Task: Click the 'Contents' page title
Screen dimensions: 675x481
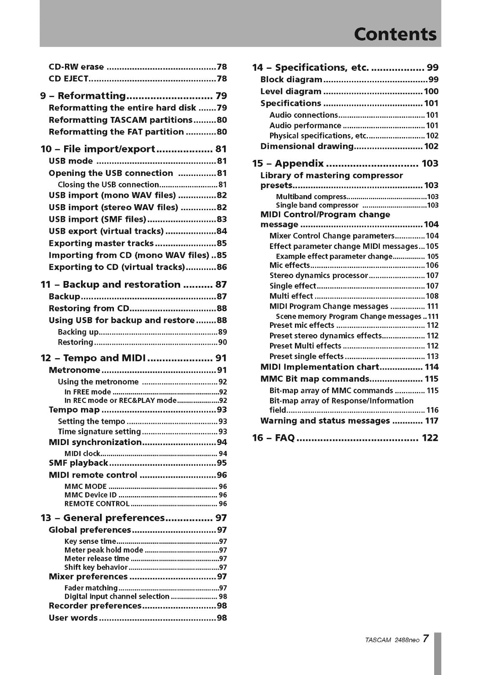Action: click(x=395, y=34)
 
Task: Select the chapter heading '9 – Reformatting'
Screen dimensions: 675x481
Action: click(x=83, y=96)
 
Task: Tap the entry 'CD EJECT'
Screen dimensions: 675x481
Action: click(x=68, y=78)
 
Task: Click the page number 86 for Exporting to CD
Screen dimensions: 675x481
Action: click(x=222, y=267)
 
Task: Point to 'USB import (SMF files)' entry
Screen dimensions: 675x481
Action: click(x=97, y=219)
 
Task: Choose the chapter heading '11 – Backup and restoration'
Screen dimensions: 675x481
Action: click(x=111, y=285)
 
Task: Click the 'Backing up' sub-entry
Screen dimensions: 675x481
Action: click(x=78, y=332)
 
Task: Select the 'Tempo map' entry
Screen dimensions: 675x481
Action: click(x=74, y=410)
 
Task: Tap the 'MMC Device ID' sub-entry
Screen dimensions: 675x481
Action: click(x=90, y=495)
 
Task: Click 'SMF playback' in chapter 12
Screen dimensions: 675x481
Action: click(x=78, y=463)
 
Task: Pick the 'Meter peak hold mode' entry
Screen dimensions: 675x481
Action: click(x=104, y=550)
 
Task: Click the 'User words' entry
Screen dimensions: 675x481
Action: click(x=73, y=618)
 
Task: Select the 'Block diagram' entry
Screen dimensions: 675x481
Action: click(x=291, y=79)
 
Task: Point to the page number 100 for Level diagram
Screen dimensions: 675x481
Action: click(x=431, y=92)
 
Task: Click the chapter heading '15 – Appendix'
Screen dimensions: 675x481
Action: click(x=288, y=164)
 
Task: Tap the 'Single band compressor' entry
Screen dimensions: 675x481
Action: click(x=317, y=205)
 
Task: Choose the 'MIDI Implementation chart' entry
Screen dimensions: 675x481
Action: click(x=319, y=367)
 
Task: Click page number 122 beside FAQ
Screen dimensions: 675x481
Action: click(x=430, y=438)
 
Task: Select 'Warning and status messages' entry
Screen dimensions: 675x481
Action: click(x=325, y=421)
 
